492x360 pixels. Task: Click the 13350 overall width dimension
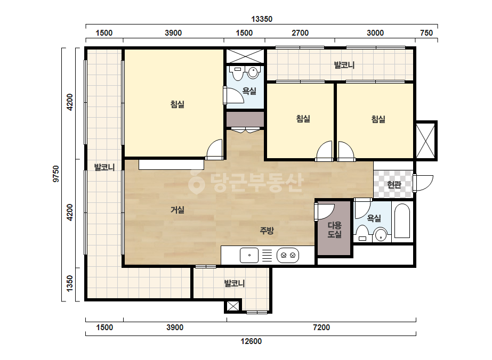coord(262,19)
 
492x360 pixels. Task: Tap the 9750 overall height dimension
coord(56,174)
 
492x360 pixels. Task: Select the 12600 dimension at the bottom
coord(251,341)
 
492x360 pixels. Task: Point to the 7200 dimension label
coord(321,328)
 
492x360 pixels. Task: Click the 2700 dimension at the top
coord(300,33)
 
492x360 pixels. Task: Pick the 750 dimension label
coord(426,33)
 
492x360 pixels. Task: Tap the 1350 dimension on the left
coord(70,283)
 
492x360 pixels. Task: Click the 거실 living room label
coord(178,210)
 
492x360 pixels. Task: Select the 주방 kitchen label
coord(267,231)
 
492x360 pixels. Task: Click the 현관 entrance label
coord(394,185)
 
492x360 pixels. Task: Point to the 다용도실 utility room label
coord(334,230)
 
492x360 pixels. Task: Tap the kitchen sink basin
coord(249,255)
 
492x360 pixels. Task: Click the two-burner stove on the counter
coord(288,255)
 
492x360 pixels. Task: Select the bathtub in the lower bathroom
coord(402,221)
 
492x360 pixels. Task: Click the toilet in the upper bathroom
coord(236,73)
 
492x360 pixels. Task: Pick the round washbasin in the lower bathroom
coord(381,235)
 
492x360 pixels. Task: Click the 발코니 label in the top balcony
coord(344,65)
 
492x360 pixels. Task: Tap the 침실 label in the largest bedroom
coord(178,104)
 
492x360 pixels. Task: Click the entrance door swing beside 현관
coord(424,183)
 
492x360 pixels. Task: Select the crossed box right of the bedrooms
coord(426,141)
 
